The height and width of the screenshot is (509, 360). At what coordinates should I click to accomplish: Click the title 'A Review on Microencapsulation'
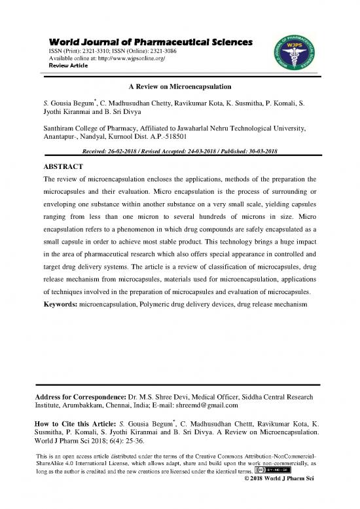[x=179, y=88]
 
